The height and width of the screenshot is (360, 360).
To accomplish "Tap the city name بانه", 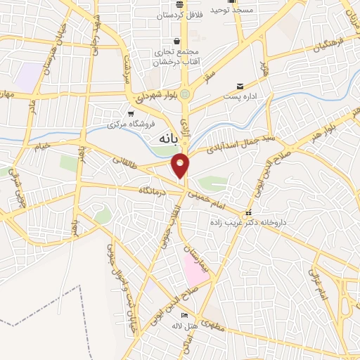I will tap(162, 139).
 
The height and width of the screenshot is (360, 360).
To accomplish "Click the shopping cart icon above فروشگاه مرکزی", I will tap(131, 113).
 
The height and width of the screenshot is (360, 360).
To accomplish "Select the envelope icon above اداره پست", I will tap(239, 85).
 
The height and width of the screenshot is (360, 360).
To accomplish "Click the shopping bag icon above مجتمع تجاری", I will tap(184, 41).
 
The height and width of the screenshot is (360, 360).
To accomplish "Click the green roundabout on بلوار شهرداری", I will tap(185, 94).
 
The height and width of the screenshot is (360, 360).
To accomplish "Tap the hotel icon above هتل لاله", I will tap(184, 316).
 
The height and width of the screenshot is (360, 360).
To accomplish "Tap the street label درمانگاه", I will tap(154, 190).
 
